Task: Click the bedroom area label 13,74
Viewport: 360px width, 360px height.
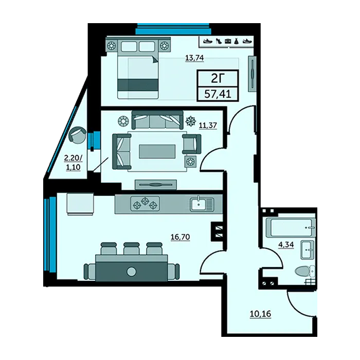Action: point(194,58)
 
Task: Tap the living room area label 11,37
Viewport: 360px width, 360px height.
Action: point(208,125)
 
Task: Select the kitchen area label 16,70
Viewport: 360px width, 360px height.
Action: point(180,237)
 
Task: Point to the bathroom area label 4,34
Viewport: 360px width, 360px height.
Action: point(286,244)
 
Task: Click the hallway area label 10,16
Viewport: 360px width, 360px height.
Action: point(260,314)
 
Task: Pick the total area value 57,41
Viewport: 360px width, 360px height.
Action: point(218,94)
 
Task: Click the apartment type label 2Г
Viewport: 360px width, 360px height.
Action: point(218,79)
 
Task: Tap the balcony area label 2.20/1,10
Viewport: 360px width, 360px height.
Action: point(73,163)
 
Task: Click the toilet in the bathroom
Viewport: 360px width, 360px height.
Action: point(305,271)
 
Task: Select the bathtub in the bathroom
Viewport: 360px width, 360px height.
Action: point(291,227)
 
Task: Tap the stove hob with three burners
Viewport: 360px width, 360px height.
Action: point(145,204)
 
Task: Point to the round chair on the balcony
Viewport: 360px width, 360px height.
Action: point(77,135)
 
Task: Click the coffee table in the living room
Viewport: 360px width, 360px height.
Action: point(157,151)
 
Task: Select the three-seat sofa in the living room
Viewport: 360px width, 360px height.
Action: point(157,120)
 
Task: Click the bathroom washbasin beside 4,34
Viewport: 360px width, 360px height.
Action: point(307,250)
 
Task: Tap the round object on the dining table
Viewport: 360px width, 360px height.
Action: point(131,272)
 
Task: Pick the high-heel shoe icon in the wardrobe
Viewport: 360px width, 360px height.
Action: point(219,41)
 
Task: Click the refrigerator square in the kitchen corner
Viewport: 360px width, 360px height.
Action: point(80,204)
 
